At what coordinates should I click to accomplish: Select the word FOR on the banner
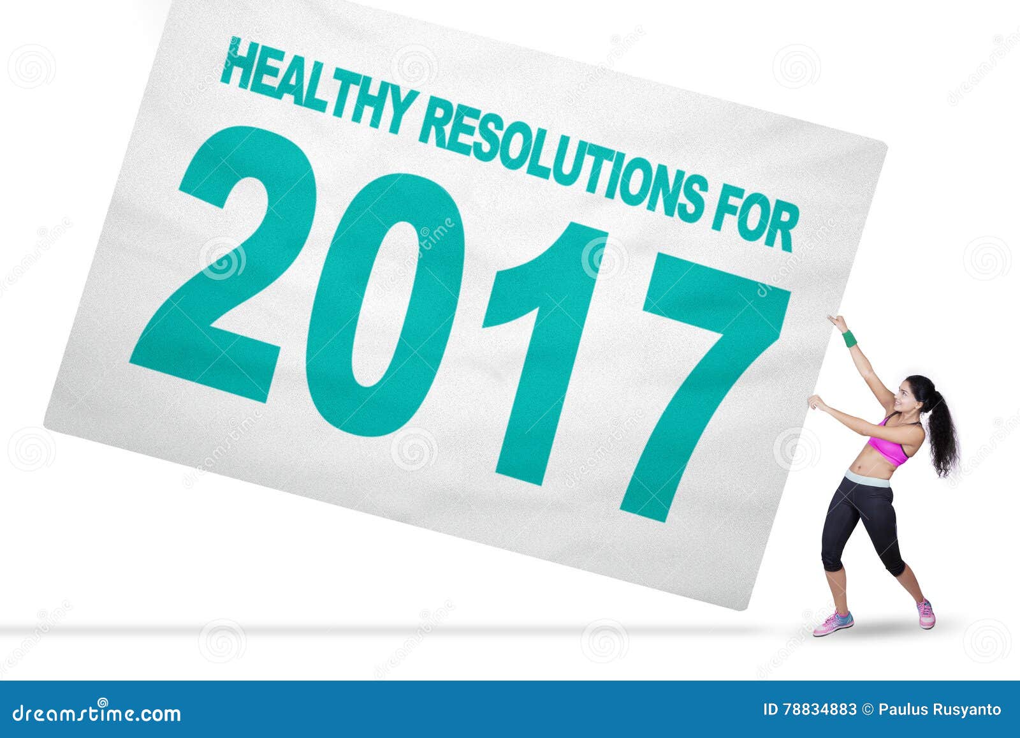(755, 220)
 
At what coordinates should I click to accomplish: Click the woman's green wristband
(850, 338)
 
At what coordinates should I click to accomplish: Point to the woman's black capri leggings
(861, 517)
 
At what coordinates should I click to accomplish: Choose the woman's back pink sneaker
(926, 614)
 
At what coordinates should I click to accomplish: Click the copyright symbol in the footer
(868, 710)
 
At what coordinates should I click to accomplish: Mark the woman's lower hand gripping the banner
(815, 402)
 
